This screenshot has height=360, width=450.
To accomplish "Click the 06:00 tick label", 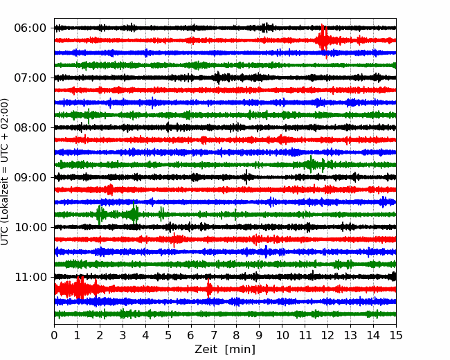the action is click(30, 28).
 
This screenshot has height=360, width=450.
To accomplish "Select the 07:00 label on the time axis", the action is click(30, 78).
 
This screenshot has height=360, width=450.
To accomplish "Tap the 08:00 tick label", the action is click(30, 128).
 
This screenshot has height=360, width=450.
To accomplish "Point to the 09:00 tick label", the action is click(30, 177).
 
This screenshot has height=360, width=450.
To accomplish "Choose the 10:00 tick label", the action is click(30, 227).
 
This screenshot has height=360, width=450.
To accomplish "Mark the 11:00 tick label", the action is click(30, 278).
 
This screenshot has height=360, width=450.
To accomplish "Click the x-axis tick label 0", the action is click(54, 335).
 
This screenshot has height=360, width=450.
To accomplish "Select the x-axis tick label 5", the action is click(168, 335).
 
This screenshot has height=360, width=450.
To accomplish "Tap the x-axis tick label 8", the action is click(237, 335).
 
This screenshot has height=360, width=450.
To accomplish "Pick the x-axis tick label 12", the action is click(327, 335).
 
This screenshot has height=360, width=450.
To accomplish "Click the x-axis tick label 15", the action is click(396, 335).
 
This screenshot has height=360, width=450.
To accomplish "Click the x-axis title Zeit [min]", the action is click(225, 350).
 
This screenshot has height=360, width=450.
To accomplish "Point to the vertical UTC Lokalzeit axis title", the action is click(5, 172).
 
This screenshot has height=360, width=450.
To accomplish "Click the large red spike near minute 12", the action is click(323, 40).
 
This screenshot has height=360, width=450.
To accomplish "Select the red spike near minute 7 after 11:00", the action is click(209, 289).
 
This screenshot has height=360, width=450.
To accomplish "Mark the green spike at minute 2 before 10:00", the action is click(100, 215).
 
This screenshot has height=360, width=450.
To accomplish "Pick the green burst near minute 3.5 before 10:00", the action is click(134, 214).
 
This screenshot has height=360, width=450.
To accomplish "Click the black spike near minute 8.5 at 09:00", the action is click(246, 177).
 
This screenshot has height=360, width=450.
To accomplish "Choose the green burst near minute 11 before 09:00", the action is click(311, 165).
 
